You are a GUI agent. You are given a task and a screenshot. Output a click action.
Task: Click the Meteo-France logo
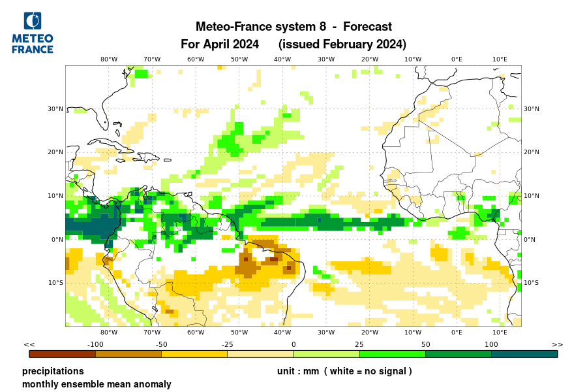pyautogui.click(x=33, y=33)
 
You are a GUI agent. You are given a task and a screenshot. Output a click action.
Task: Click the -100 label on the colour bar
pyautogui.click(x=96, y=344)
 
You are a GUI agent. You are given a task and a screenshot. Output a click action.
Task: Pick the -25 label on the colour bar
pyautogui.click(x=227, y=344)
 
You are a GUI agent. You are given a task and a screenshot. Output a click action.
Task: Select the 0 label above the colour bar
pyautogui.click(x=293, y=344)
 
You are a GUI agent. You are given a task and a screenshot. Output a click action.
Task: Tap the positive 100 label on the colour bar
pyautogui.click(x=491, y=344)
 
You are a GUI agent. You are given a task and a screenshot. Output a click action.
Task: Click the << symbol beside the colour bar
pyautogui.click(x=29, y=344)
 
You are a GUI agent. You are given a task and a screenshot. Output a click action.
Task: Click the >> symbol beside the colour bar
pyautogui.click(x=557, y=344)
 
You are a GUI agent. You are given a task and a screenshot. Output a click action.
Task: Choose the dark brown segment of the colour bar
pyautogui.click(x=63, y=354)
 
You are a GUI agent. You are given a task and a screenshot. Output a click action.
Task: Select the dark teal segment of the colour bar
pyautogui.click(x=524, y=354)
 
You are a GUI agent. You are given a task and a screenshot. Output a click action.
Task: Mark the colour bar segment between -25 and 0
pyautogui.click(x=260, y=354)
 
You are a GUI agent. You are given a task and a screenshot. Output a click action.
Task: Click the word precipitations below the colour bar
pyautogui.click(x=53, y=371)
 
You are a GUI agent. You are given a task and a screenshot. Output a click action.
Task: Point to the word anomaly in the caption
pyautogui.click(x=151, y=384)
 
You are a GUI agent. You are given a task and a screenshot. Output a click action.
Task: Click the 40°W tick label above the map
pyautogui.click(x=282, y=59)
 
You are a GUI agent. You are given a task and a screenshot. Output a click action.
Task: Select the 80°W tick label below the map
pyautogui.click(x=109, y=332)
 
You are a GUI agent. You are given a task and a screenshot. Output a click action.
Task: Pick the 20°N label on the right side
pyautogui.click(x=532, y=152)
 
